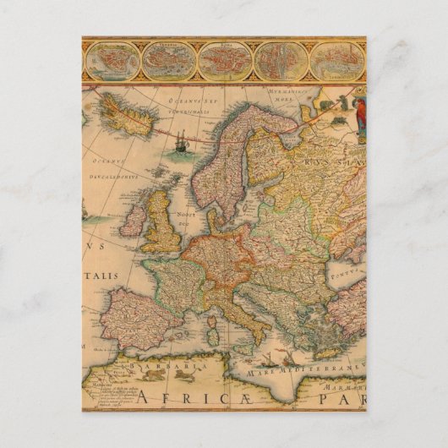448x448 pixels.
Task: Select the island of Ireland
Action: tap(134, 219)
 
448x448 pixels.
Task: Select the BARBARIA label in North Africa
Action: tap(168, 366)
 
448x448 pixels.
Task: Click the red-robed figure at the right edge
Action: tap(361, 117)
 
